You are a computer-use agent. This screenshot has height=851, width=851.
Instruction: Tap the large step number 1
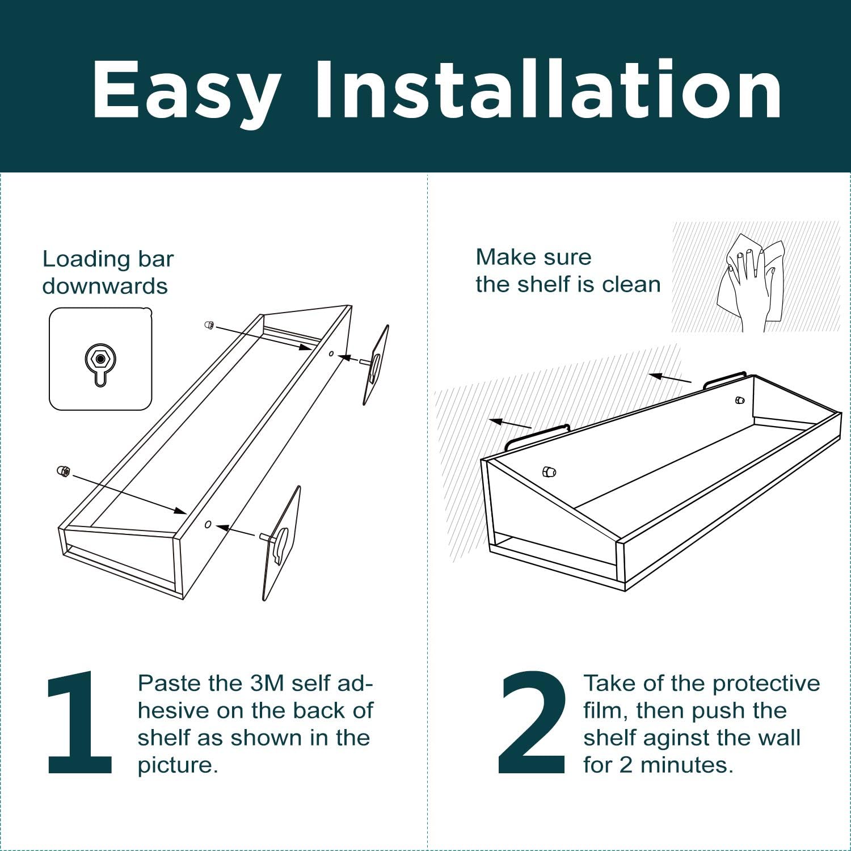pyautogui.click(x=79, y=722)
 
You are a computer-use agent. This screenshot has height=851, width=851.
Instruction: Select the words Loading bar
pyautogui.click(x=108, y=259)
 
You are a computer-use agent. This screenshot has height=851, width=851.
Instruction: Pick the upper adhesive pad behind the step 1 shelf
pyautogui.click(x=376, y=365)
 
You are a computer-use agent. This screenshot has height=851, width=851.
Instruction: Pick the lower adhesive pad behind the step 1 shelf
pyautogui.click(x=281, y=543)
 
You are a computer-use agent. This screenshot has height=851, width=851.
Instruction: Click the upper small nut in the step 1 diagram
pyautogui.click(x=209, y=325)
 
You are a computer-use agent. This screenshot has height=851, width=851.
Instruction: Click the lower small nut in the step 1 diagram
pyautogui.click(x=64, y=471)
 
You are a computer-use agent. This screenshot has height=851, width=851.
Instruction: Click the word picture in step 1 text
pyautogui.click(x=178, y=766)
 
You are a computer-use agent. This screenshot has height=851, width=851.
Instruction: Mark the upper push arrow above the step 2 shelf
pyautogui.click(x=670, y=378)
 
